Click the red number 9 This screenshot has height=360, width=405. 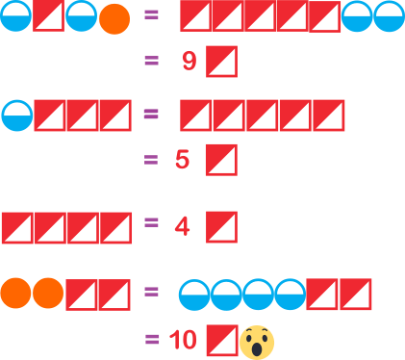pyautogui.click(x=190, y=61)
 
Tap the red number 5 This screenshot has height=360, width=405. pyautogui.click(x=182, y=159)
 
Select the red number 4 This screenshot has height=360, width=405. pyautogui.click(x=182, y=226)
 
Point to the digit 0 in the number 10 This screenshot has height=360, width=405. pyautogui.click(x=190, y=340)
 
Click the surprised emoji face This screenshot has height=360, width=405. pyautogui.click(x=257, y=343)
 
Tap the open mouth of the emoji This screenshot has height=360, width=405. pyautogui.click(x=257, y=349)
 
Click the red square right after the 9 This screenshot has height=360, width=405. pyautogui.click(x=221, y=62)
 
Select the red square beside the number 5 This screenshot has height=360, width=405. pyautogui.click(x=221, y=160)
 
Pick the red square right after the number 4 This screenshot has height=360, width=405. pyautogui.click(x=221, y=227)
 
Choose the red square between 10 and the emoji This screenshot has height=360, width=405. pyautogui.click(x=222, y=341)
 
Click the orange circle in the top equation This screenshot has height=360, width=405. pyautogui.click(x=114, y=19)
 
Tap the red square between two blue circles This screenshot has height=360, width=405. pyautogui.click(x=49, y=15)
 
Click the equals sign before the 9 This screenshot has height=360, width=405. pyautogui.click(x=152, y=61)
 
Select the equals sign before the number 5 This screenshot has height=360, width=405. pyautogui.click(x=151, y=160)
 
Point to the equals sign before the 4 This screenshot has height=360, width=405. pyautogui.click(x=151, y=222)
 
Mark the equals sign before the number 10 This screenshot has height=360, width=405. pyautogui.click(x=152, y=339)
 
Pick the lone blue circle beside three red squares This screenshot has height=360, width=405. pyautogui.click(x=17, y=116)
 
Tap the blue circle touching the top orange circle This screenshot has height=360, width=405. pyautogui.click(x=81, y=15)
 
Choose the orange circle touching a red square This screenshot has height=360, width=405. pyautogui.click(x=48, y=293)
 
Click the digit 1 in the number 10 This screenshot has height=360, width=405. pyautogui.click(x=175, y=340)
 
